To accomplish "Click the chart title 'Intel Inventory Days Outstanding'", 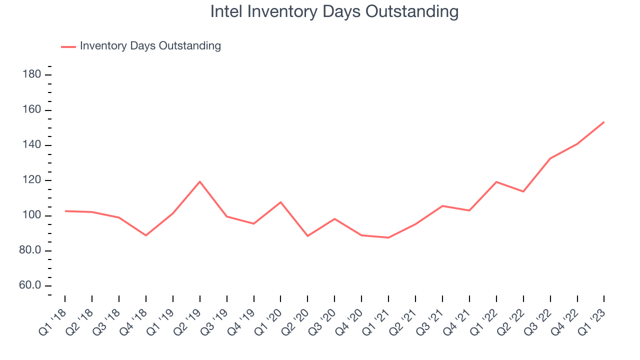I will click(x=334, y=11).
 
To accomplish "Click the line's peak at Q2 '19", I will click(x=200, y=181).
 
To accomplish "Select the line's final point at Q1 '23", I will click(x=604, y=122).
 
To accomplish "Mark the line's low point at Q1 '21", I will click(x=388, y=237).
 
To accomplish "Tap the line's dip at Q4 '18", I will click(x=146, y=235).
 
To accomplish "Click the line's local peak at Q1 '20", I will click(x=280, y=202).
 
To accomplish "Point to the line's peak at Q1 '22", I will click(x=496, y=182).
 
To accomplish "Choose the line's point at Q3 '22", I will click(x=550, y=158).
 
